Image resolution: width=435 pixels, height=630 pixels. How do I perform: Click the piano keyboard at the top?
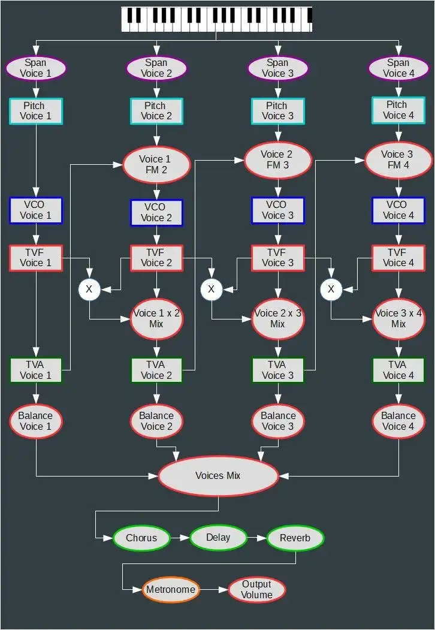tap(216, 19)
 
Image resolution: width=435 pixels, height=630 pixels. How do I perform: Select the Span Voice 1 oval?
tap(36, 68)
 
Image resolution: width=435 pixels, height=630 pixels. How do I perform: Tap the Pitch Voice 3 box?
tap(277, 111)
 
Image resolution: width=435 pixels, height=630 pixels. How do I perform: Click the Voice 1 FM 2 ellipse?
tap(156, 164)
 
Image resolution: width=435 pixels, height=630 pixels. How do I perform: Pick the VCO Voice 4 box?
tap(398, 210)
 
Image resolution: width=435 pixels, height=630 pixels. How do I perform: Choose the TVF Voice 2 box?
tap(156, 257)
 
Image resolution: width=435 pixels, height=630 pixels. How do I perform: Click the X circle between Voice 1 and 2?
tap(89, 290)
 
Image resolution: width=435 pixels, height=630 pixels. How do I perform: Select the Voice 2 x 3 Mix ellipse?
tap(277, 318)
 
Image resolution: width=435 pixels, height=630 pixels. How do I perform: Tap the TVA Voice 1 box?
tap(36, 370)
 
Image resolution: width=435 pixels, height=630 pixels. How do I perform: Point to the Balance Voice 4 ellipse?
tap(398, 421)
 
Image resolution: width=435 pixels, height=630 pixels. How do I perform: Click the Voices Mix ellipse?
tap(218, 475)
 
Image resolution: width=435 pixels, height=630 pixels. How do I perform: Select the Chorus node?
tap(141, 538)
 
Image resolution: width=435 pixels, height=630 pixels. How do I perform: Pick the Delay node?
tap(218, 538)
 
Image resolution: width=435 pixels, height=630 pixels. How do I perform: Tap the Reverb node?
tap(295, 538)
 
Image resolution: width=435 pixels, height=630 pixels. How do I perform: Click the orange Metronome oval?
tap(171, 589)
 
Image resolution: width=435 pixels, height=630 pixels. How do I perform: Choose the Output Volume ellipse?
tap(256, 589)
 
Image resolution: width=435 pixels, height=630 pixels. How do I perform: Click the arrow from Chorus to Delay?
tap(180, 538)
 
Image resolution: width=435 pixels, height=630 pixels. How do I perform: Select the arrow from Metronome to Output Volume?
tap(214, 589)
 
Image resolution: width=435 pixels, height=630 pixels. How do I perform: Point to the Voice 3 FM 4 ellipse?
tap(398, 159)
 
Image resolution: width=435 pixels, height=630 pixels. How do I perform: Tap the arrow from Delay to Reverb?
tap(256, 538)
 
